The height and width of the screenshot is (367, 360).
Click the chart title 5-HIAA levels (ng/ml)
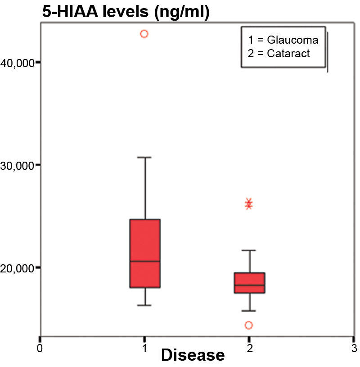point(126,12)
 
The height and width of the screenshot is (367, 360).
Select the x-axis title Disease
point(193,356)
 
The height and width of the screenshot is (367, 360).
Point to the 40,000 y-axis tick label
point(18,63)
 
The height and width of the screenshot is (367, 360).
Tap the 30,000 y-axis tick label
point(18,165)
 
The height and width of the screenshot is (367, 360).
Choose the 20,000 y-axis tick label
point(18,268)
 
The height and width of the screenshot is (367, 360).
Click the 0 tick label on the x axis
point(40,348)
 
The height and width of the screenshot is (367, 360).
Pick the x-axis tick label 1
point(144,348)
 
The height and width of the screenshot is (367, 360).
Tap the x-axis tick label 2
point(249,348)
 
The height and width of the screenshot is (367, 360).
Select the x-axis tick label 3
point(354,348)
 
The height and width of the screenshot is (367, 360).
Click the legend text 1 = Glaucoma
point(283,40)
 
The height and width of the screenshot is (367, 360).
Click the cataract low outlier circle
point(248,325)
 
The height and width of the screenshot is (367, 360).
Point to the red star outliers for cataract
point(249,204)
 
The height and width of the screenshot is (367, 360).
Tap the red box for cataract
point(249,283)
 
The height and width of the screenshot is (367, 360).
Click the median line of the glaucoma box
point(145,261)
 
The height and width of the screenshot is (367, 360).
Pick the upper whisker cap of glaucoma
point(145,158)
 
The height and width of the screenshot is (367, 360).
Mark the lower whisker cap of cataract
point(249,311)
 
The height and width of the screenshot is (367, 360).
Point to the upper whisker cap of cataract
point(249,250)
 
